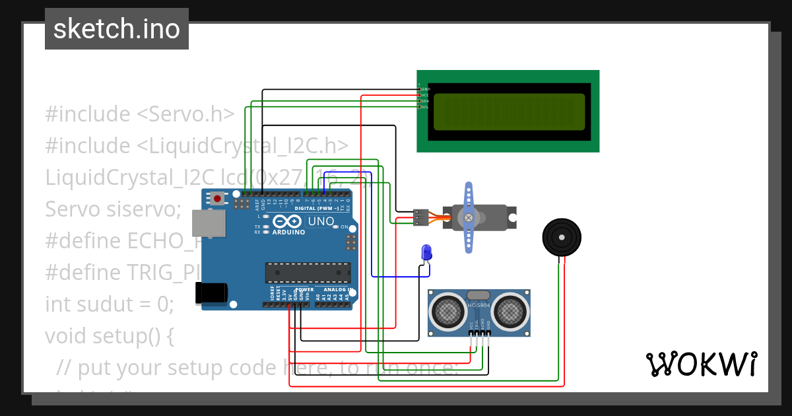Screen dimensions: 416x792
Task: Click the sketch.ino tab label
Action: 116,29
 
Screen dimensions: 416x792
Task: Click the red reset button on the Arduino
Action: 216,197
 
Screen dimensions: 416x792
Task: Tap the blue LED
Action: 426,252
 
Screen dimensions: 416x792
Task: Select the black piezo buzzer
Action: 562,236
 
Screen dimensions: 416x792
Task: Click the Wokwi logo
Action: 701,364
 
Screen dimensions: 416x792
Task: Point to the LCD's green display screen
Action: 509,112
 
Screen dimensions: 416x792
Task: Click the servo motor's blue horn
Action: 469,217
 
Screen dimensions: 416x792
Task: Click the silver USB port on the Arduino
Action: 207,223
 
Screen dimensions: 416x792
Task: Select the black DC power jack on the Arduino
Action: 211,293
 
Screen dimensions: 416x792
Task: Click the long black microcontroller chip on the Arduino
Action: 308,271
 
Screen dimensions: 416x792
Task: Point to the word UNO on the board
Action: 321,222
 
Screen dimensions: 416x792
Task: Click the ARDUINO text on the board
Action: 288,232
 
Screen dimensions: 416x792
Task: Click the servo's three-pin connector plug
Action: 420,217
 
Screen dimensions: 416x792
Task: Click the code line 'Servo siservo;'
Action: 113,209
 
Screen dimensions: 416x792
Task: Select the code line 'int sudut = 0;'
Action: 110,304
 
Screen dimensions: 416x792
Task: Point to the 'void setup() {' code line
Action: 110,336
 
